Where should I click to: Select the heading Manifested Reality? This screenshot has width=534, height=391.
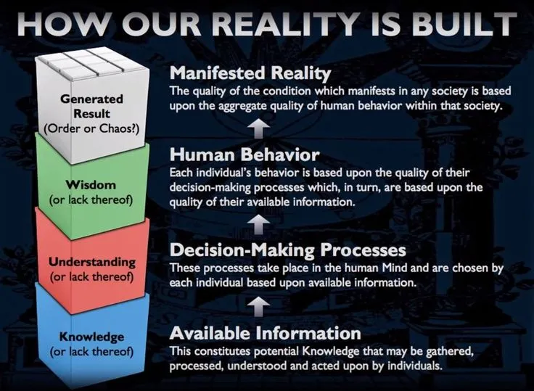tap(250, 73)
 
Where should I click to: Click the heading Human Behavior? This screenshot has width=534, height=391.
tap(245, 155)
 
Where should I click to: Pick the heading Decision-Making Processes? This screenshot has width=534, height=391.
tap(288, 250)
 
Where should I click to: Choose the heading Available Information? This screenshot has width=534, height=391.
tap(266, 333)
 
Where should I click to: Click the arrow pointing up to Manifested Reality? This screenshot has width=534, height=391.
tap(258, 128)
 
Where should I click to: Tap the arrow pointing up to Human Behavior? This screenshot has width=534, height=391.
tap(258, 224)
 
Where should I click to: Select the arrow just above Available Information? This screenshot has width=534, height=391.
tap(258, 307)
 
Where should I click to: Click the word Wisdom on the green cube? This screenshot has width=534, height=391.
tap(91, 185)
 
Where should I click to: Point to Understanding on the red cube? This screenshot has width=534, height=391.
tap(92, 263)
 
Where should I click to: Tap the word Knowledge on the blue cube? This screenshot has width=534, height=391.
tap(91, 337)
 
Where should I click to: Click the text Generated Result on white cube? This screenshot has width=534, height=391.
tap(91, 106)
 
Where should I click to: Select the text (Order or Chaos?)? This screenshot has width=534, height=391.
tap(91, 128)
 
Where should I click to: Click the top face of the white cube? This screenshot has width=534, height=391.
tap(92, 63)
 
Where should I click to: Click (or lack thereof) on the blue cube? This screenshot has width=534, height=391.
tap(91, 352)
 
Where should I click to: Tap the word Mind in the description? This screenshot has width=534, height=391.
tap(395, 268)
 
